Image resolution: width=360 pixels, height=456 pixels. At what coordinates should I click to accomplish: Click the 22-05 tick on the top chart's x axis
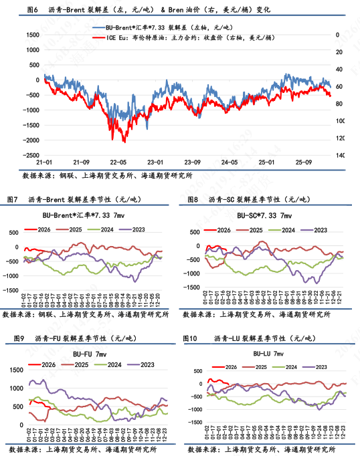point(118,162)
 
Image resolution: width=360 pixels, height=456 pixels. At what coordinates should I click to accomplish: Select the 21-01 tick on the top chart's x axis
point(44,162)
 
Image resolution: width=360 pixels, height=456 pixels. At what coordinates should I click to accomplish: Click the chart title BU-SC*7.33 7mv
point(264,215)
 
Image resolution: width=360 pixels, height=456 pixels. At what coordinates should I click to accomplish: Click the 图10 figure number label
point(189,339)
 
